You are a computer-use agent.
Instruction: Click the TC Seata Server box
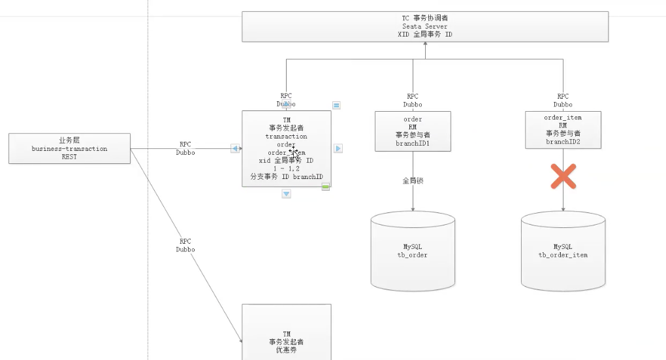coord(425,26)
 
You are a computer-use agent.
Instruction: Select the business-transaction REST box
coord(70,148)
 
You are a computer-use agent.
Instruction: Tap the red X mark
coord(563,176)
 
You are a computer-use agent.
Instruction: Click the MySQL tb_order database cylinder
coord(413,251)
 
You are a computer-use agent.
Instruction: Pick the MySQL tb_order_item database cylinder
coord(563,251)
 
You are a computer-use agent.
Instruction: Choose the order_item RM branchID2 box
coord(563,129)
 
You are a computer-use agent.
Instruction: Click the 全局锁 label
coord(413,180)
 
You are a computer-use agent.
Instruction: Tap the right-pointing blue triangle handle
coord(338,148)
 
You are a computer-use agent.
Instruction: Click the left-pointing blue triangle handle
coord(235,148)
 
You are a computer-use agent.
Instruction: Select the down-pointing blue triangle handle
coord(286,193)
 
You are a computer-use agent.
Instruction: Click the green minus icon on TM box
coord(325,187)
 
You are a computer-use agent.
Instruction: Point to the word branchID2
coord(563,142)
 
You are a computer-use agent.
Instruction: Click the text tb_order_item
coord(563,255)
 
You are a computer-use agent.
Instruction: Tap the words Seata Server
coord(425,26)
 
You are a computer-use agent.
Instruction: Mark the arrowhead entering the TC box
coord(425,44)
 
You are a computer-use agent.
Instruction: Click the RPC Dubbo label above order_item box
coord(563,100)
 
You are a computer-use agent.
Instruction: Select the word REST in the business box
coord(69,157)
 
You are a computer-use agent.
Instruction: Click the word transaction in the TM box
coord(286,137)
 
